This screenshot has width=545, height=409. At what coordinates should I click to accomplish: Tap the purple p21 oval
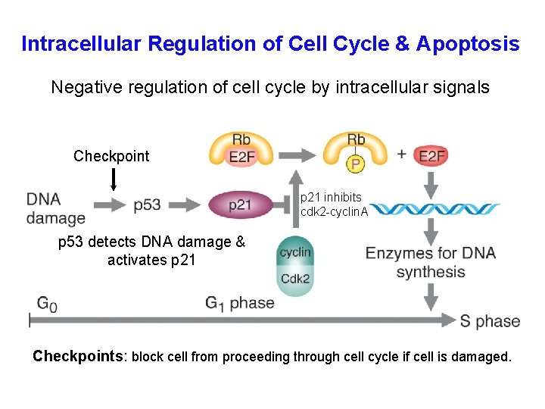point(240,204)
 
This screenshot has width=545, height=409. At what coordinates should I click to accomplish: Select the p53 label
point(147,204)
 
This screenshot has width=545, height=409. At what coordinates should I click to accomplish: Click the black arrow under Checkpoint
point(114,180)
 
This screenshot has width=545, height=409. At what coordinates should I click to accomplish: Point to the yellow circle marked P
point(355,164)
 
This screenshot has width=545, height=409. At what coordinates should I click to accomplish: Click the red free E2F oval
point(431,156)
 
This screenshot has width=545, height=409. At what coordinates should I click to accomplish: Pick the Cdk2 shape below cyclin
point(294,278)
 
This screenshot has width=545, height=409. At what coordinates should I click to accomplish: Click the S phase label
point(490,320)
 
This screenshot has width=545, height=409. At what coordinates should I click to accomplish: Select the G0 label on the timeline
point(46,303)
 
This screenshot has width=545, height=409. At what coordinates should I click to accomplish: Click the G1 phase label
point(239,303)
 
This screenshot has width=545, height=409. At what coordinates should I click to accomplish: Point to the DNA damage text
point(55,208)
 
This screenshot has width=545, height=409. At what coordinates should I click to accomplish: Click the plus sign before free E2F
point(401,154)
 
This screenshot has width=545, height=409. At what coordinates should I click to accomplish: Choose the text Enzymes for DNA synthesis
point(430,262)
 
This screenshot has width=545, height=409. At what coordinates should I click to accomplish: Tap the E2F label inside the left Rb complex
point(241,157)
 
